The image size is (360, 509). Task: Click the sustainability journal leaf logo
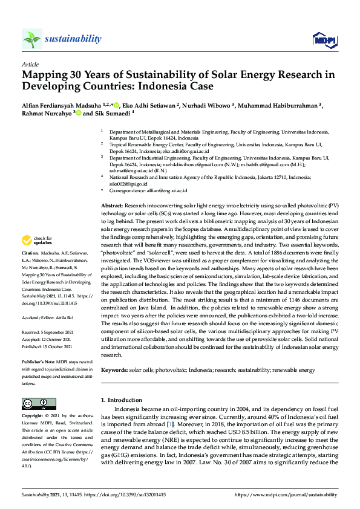[31, 39]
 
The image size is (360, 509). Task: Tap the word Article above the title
[30, 64]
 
